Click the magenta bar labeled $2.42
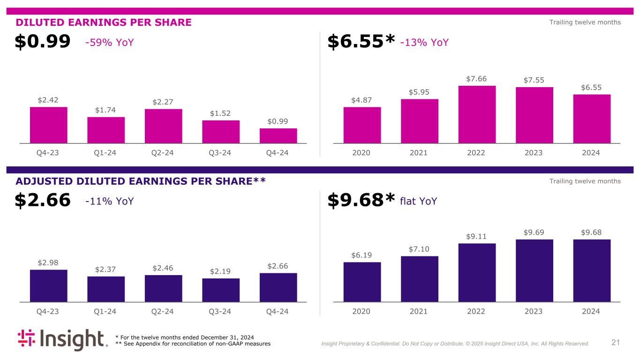[x=48, y=125]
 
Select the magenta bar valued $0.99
[x=278, y=135]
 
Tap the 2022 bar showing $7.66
[x=477, y=114]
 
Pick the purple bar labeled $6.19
[x=362, y=282]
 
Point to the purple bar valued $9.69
[x=534, y=270]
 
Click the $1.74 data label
[x=106, y=110]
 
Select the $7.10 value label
[x=419, y=249]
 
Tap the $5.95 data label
[x=419, y=92]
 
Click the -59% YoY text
[x=110, y=43]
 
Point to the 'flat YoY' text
[x=419, y=201]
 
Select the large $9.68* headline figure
[x=361, y=201]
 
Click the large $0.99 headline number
[x=43, y=42]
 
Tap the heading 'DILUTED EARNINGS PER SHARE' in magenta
[x=104, y=22]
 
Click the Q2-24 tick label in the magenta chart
[x=163, y=153]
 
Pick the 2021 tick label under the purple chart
[x=419, y=311]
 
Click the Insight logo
[x=63, y=340]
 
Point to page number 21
[x=616, y=343]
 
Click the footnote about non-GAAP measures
[x=193, y=344]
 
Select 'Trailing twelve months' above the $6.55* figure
[x=585, y=22]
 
